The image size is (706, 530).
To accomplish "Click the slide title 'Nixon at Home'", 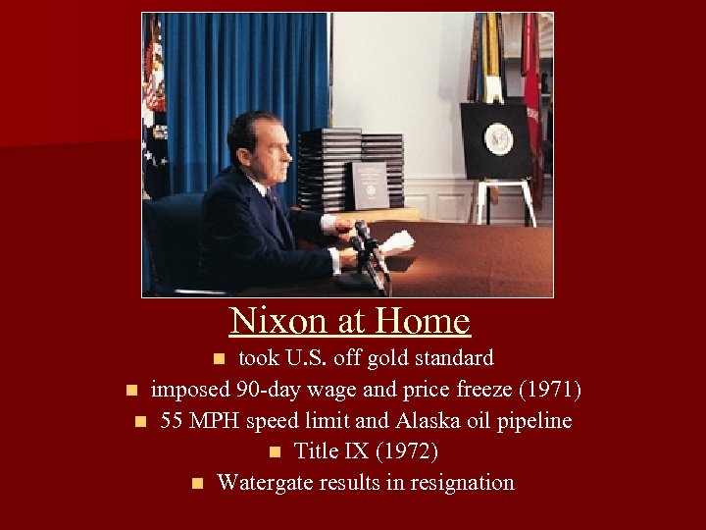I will pyautogui.click(x=350, y=321).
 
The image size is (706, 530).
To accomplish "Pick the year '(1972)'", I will pyautogui.click(x=408, y=451).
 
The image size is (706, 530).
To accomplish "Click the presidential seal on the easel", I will pyautogui.click(x=498, y=138).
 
